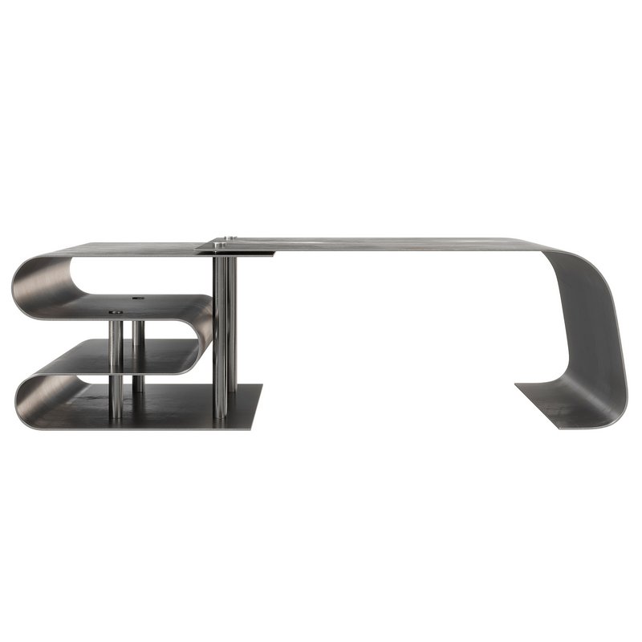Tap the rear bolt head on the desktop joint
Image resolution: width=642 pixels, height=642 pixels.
click(232, 238)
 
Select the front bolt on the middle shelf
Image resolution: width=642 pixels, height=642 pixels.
click(116, 311)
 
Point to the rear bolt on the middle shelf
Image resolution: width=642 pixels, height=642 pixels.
click(138, 298)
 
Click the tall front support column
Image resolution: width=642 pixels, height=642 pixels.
click(219, 337)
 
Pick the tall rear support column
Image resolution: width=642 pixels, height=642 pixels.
click(233, 321)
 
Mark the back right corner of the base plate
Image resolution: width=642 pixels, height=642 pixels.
click(261, 386)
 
